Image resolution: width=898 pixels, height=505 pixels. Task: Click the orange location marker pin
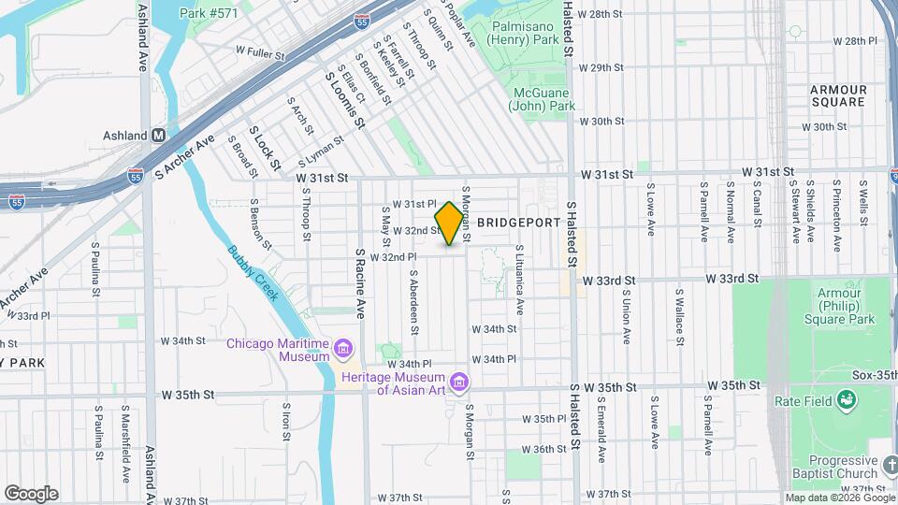450,224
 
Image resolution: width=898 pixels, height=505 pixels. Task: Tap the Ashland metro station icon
159,135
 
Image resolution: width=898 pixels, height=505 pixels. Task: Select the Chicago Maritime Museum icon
344,350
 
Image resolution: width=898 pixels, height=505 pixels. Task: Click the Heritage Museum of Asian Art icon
458,382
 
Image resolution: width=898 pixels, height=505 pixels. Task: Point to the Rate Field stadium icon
848,400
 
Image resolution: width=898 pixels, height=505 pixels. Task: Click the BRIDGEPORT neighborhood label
518,223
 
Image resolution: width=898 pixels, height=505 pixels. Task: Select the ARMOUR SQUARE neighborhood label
839,95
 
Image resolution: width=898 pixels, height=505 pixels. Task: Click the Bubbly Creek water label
253,272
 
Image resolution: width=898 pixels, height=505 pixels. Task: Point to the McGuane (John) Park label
543,99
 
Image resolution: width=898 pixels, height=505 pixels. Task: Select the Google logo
31,494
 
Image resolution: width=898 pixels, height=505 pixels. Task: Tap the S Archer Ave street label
184,156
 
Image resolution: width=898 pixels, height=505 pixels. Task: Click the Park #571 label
209,13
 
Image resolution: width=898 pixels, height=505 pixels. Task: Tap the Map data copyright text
835,498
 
